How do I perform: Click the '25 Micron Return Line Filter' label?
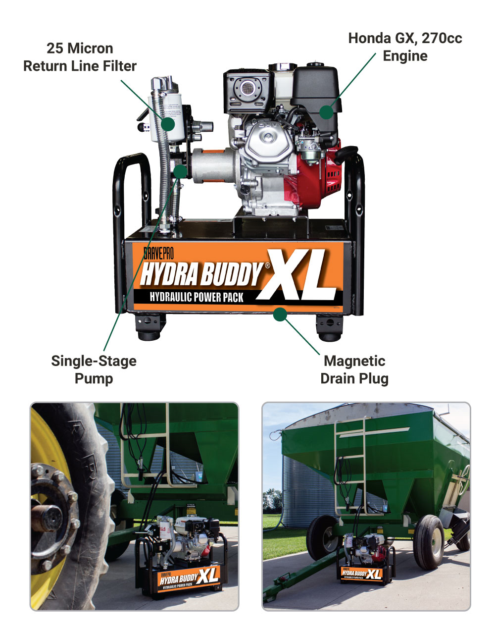[80, 57]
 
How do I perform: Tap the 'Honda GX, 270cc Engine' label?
[405, 47]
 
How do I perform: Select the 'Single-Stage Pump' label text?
[94, 369]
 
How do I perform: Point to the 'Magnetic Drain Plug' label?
[354, 369]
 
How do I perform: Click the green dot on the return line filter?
[168, 123]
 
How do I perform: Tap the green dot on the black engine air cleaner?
[326, 112]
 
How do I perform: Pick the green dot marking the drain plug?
[280, 314]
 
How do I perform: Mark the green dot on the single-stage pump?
[180, 171]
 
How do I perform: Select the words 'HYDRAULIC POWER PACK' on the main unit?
[197, 297]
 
